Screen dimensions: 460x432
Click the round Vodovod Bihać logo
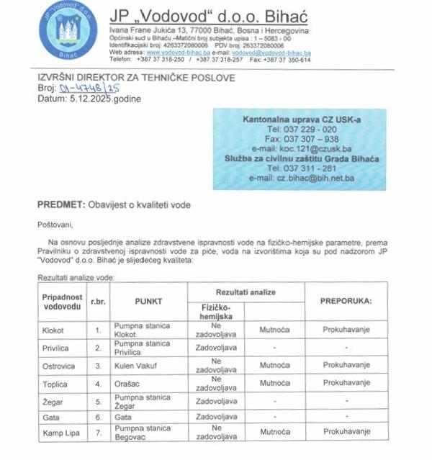(x=68, y=31)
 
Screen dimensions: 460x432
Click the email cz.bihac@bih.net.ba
(x=311, y=178)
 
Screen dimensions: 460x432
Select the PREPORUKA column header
(x=346, y=300)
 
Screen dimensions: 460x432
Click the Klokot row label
(x=53, y=330)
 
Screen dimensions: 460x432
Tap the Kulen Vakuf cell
(x=136, y=366)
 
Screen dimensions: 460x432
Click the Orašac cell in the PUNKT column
(x=129, y=383)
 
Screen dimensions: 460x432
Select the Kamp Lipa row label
(x=59, y=432)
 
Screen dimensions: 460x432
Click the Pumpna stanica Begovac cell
(x=142, y=432)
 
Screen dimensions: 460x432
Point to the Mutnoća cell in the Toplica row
(x=274, y=382)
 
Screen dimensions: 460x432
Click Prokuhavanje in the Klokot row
(x=346, y=330)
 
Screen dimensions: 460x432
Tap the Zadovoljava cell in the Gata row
(x=216, y=417)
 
